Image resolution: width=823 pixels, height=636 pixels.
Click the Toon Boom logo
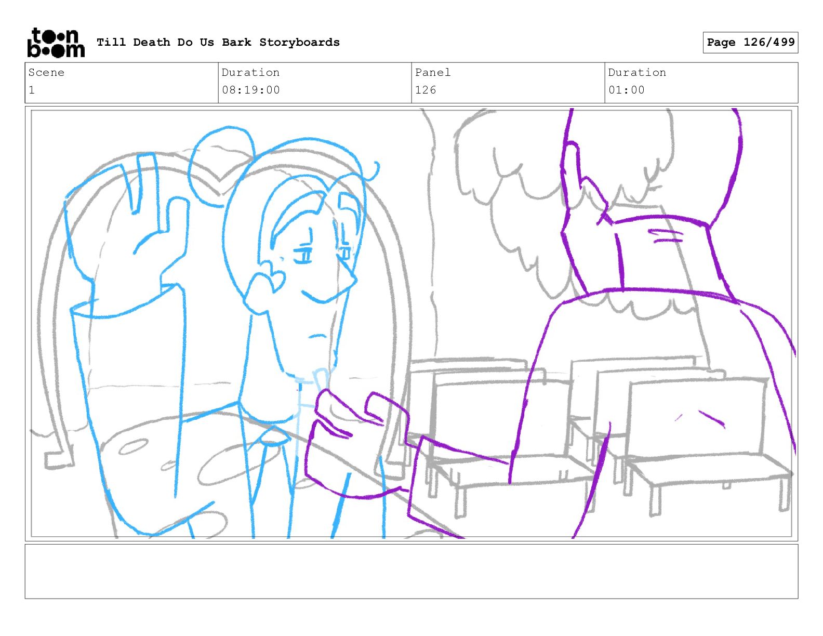pyautogui.click(x=56, y=43)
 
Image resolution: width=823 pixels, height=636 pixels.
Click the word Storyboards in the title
pyautogui.click(x=299, y=42)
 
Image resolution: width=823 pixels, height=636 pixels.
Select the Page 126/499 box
pyautogui.click(x=750, y=43)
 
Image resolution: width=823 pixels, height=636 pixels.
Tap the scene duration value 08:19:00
pyautogui.click(x=251, y=90)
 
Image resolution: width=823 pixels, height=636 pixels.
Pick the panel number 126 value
pyautogui.click(x=426, y=90)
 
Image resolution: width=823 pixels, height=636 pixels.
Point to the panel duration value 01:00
pyautogui.click(x=627, y=90)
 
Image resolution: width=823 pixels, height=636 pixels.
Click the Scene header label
pyautogui.click(x=46, y=72)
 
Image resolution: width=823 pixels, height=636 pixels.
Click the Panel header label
pyautogui.click(x=433, y=72)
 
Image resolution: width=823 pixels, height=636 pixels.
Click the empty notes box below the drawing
pyautogui.click(x=411, y=572)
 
